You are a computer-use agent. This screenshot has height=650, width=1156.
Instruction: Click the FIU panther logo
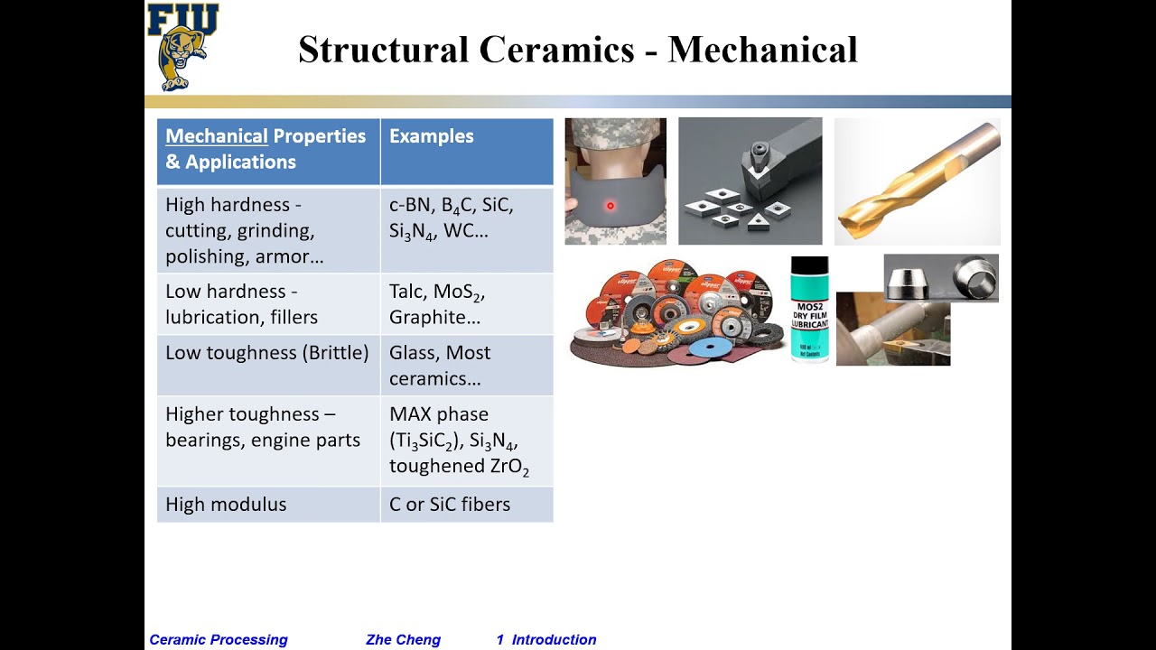click(x=182, y=47)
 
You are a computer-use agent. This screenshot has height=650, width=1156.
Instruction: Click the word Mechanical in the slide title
click(x=762, y=50)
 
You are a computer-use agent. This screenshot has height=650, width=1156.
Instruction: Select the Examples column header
click(x=432, y=136)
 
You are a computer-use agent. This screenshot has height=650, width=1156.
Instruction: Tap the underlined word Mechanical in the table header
click(x=217, y=136)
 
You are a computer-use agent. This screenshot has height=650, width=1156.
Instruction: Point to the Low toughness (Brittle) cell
click(x=267, y=353)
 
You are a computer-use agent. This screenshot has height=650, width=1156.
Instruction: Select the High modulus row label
click(x=226, y=505)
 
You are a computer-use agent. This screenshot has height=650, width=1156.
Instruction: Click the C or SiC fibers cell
click(x=450, y=505)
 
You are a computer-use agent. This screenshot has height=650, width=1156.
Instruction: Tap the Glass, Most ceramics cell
click(x=440, y=365)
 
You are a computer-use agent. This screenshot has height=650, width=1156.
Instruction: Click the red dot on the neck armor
click(x=611, y=207)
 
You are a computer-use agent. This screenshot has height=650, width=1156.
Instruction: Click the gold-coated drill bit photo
click(x=917, y=181)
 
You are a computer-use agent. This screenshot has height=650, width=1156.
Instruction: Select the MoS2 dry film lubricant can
click(x=809, y=310)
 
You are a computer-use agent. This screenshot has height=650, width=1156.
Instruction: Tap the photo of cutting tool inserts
click(x=750, y=181)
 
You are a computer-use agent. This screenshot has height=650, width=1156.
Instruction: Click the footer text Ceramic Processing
click(x=219, y=640)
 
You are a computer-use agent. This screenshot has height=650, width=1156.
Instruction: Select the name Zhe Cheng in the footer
click(x=403, y=640)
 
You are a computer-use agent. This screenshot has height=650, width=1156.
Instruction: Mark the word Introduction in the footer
click(x=554, y=640)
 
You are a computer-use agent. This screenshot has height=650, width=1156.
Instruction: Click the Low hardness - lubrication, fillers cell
click(x=242, y=304)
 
